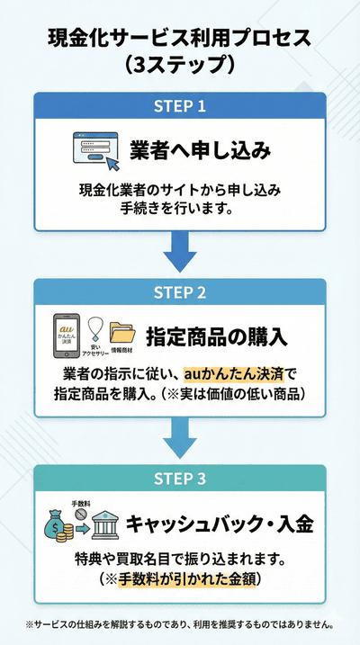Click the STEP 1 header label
(x=180, y=106)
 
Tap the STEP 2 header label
(x=180, y=293)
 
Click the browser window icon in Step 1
(x=95, y=150)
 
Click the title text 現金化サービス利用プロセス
(x=180, y=39)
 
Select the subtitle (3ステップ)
(x=180, y=65)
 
